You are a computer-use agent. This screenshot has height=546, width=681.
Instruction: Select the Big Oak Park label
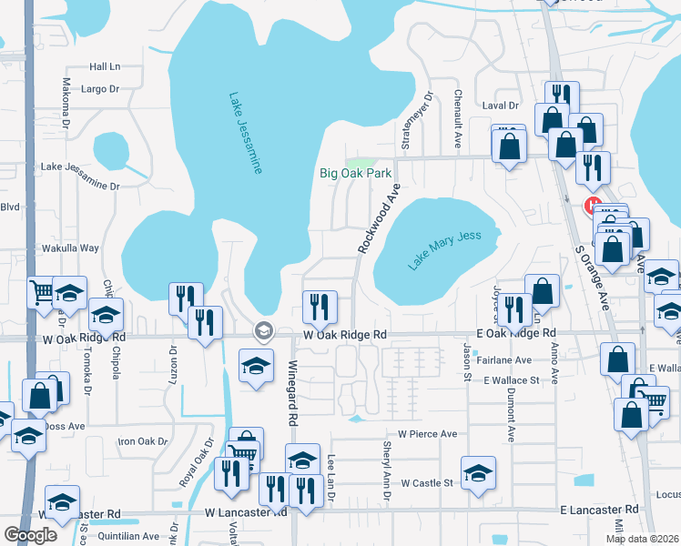click(x=355, y=173)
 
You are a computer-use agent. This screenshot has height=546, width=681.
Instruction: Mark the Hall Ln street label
click(x=105, y=66)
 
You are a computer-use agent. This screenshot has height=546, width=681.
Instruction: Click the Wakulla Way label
click(x=70, y=248)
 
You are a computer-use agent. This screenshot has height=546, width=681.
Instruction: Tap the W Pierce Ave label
click(x=421, y=434)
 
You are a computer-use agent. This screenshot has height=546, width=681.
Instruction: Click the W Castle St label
click(x=427, y=483)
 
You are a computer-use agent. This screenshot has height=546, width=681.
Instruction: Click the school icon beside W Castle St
click(x=478, y=473)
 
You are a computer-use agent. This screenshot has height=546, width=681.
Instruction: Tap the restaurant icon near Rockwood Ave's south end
click(x=319, y=307)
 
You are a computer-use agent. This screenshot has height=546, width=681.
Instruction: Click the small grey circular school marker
click(x=264, y=330)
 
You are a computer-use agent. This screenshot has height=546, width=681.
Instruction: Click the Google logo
click(x=30, y=535)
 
